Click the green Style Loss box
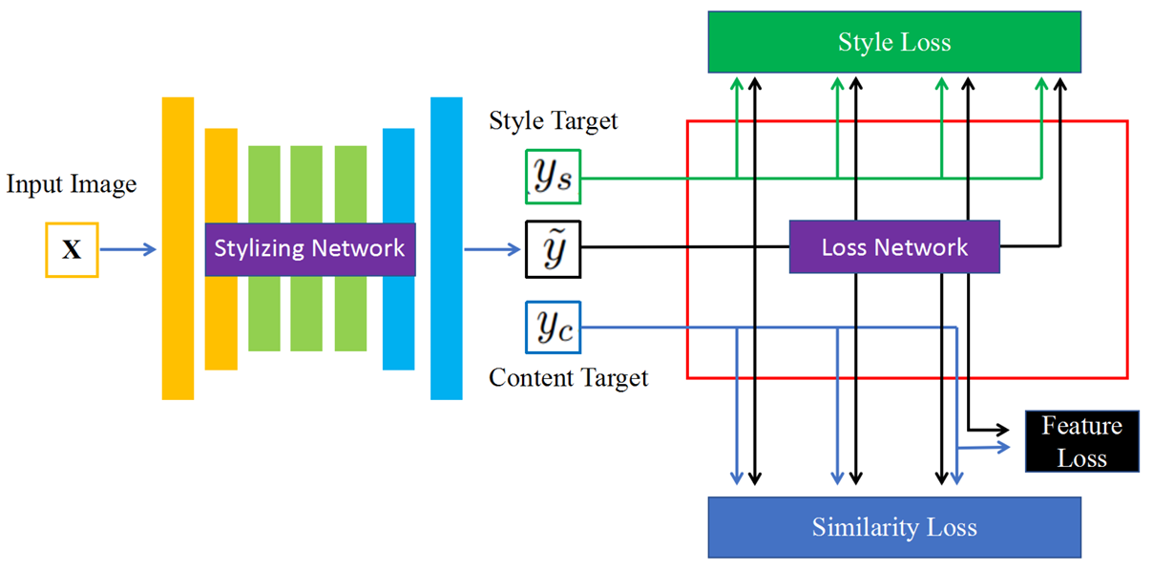[894, 43]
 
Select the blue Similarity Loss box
[894, 527]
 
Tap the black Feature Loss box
[1081, 442]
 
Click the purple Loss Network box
[894, 247]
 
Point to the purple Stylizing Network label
[309, 249]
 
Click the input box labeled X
[72, 250]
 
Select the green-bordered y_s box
[553, 177]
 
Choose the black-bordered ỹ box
[553, 248]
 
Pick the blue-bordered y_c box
[553, 328]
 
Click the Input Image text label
[72, 184]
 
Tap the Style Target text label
[554, 121]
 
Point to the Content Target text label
[568, 378]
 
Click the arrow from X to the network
[128, 250]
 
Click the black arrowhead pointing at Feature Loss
[1005, 427]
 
